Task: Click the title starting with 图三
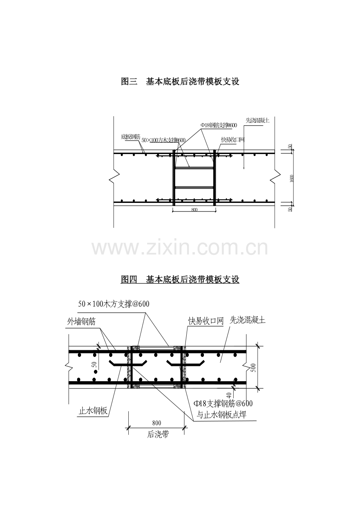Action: pyautogui.click(x=180, y=82)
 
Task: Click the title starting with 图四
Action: pyautogui.click(x=180, y=280)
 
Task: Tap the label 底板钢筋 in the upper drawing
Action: pyautogui.click(x=131, y=137)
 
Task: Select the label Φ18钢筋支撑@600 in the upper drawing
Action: pyautogui.click(x=219, y=125)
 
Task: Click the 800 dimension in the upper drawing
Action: pyautogui.click(x=194, y=210)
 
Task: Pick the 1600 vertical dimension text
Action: pyautogui.click(x=292, y=178)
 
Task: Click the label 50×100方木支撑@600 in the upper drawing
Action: pyautogui.click(x=163, y=140)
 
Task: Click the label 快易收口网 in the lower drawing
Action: pyautogui.click(x=205, y=321)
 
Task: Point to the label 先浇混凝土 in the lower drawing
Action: pyautogui.click(x=247, y=320)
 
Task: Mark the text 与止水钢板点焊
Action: pyautogui.click(x=221, y=415)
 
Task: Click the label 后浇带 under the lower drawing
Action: pyautogui.click(x=158, y=434)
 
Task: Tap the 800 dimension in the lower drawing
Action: pyautogui.click(x=157, y=423)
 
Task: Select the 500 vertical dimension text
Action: pyautogui.click(x=253, y=367)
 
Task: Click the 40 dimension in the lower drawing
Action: pyautogui.click(x=229, y=395)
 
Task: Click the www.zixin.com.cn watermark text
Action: pyautogui.click(x=180, y=249)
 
